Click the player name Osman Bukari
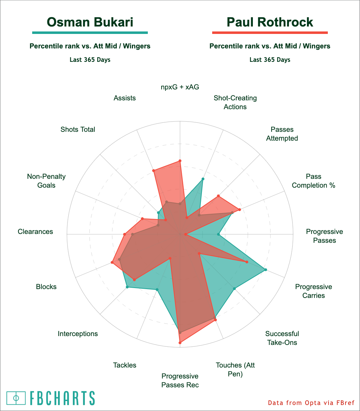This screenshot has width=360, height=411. [90, 22]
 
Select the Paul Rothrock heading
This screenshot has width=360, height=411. [270, 22]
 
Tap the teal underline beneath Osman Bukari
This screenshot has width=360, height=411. [90, 33]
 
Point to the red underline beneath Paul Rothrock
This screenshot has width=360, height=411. [270, 33]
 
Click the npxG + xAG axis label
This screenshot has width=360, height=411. [180, 87]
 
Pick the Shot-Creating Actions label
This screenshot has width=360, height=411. [235, 102]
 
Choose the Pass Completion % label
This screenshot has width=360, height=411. [313, 181]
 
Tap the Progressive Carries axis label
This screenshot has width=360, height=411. [313, 291]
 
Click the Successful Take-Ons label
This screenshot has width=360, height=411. [282, 338]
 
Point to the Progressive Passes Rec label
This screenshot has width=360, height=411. [180, 380]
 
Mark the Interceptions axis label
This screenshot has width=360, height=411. [78, 334]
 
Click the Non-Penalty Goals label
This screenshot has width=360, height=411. [46, 181]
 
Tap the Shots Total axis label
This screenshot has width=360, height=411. [78, 129]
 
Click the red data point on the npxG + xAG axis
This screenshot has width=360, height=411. [180, 161]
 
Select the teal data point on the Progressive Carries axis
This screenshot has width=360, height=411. [266, 270]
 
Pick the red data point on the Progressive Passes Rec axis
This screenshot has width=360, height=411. [180, 342]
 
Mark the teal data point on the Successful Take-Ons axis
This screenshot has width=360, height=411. [234, 289]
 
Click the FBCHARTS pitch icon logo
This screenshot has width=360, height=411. [16, 398]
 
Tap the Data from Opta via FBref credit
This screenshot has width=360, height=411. [311, 403]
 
